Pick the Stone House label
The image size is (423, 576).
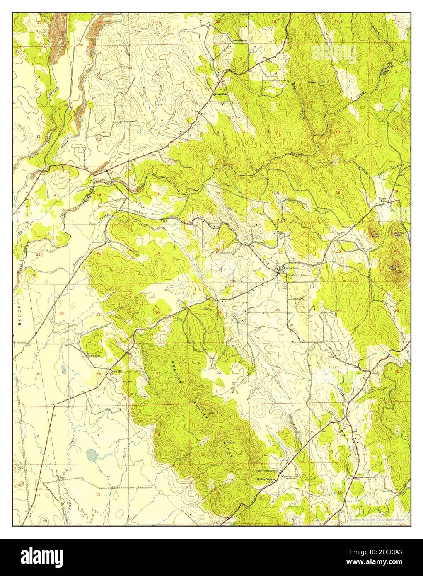pos(384,199)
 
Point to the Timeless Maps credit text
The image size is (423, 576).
pos(376,519)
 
